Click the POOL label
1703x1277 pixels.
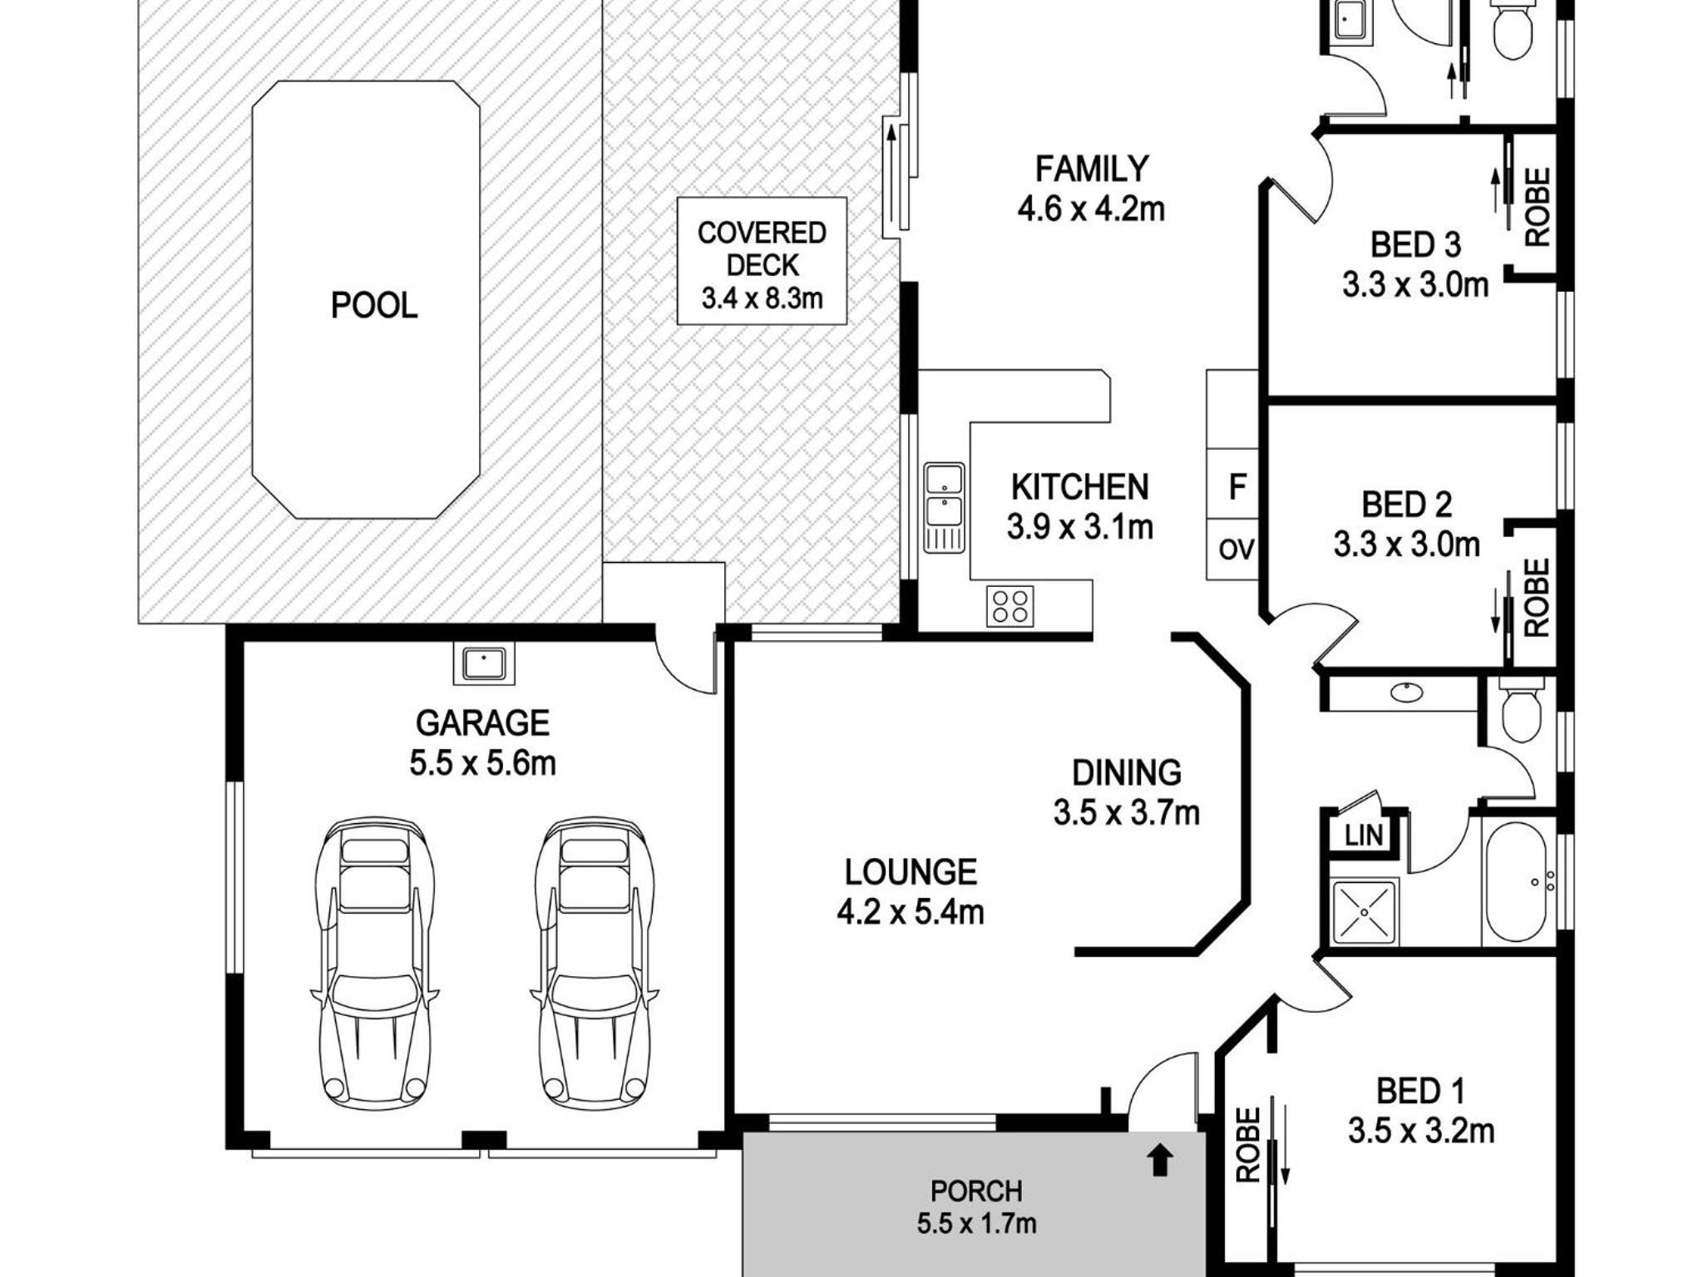coord(374,306)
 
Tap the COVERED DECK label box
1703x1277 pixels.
coord(762,260)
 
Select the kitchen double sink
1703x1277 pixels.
coord(944,507)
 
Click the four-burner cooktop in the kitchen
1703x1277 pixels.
coord(1010,606)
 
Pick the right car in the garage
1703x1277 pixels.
coord(594,964)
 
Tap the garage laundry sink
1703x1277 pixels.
coord(484,663)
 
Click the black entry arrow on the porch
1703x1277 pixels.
coord(1161,1161)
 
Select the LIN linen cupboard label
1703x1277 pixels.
coord(1364,835)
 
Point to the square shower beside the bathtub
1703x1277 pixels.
coord(1365,912)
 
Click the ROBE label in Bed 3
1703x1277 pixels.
coord(1538,207)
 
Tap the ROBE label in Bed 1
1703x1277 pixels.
coord(1248,1145)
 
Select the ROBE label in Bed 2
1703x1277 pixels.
coord(1538,597)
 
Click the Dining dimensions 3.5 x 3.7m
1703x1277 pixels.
coord(1127,813)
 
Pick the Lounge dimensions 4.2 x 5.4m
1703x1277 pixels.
coord(911,912)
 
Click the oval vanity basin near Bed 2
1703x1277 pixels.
coord(1406,692)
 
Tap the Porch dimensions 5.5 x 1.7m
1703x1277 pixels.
coord(977,1223)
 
